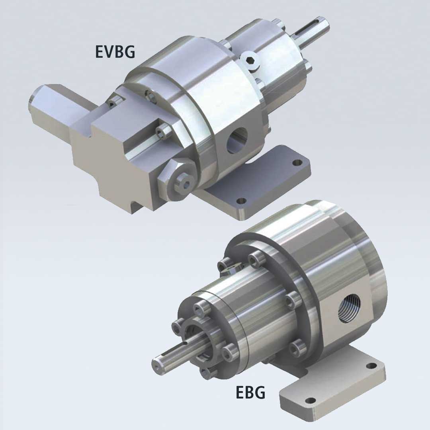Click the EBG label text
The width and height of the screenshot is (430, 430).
(x=251, y=392)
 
